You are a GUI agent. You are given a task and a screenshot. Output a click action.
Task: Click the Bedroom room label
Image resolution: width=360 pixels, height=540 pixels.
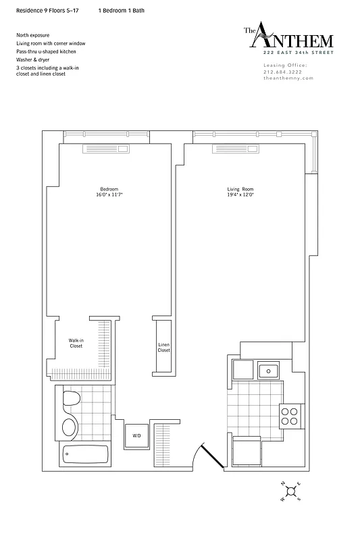pyautogui.click(x=109, y=188)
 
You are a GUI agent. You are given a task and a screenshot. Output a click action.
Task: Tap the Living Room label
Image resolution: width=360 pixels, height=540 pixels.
pyautogui.click(x=240, y=188)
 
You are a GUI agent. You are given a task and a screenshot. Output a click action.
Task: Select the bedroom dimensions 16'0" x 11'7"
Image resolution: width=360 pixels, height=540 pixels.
pyautogui.click(x=109, y=194)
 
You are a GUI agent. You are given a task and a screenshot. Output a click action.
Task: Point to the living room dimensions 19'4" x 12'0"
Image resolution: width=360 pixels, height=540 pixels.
pyautogui.click(x=240, y=194)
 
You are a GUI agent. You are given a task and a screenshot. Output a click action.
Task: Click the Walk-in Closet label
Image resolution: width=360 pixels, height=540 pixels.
pyautogui.click(x=76, y=343)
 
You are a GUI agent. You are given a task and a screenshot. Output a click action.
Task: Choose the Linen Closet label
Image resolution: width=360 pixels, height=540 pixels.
pyautogui.click(x=164, y=347)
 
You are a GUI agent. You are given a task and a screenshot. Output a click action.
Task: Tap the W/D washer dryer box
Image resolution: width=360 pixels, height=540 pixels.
pyautogui.click(x=136, y=435)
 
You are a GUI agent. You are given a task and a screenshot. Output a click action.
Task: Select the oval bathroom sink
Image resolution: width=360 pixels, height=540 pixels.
pyautogui.click(x=68, y=427)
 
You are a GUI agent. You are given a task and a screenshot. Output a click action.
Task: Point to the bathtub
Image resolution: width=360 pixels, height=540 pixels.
pyautogui.click(x=84, y=456)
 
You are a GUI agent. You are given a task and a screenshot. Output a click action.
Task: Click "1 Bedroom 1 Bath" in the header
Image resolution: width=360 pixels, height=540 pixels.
pyautogui.click(x=121, y=11)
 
